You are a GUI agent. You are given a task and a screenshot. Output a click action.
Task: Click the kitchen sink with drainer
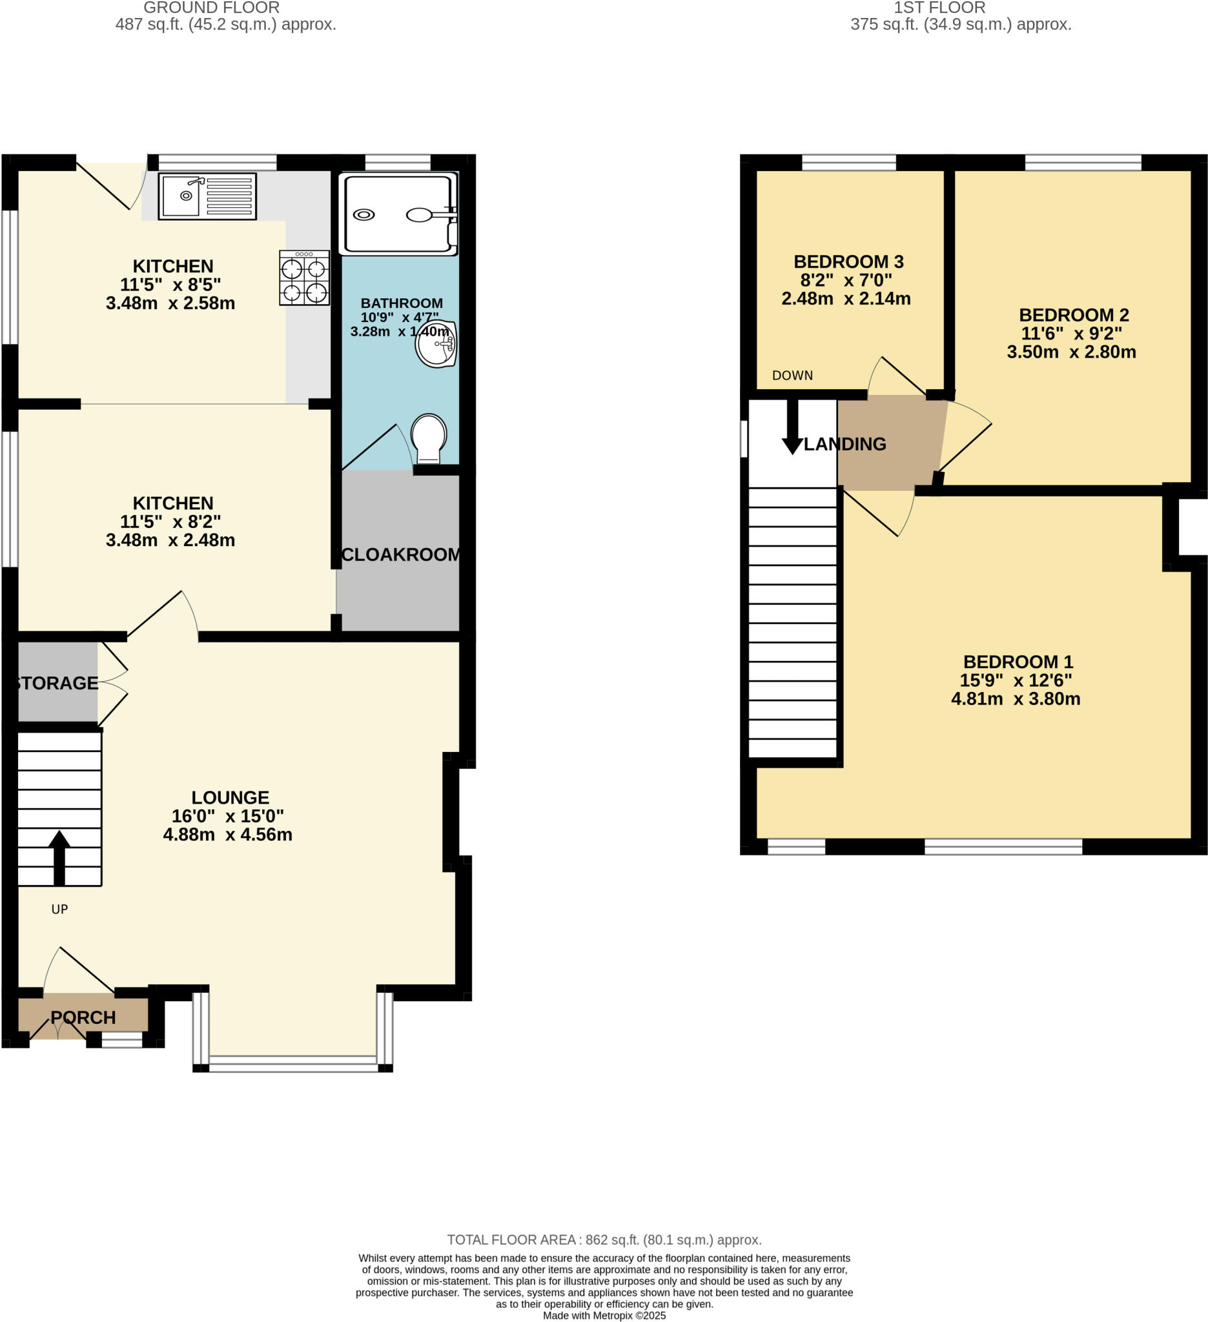click(207, 196)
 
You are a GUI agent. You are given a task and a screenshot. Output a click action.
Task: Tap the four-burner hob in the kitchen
click(304, 278)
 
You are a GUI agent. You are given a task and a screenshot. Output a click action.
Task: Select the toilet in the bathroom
click(428, 438)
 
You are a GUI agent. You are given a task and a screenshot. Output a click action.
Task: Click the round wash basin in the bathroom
click(435, 343)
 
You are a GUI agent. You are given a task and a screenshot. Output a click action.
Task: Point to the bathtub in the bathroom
click(398, 214)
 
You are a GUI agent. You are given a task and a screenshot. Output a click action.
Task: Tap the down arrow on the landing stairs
click(792, 429)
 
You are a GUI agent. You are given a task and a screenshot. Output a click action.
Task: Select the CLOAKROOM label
click(402, 554)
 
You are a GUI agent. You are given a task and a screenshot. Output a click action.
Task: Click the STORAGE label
click(56, 684)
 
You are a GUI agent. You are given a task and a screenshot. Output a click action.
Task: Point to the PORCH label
click(83, 1018)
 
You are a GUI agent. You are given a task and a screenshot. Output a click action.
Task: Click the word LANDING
click(845, 445)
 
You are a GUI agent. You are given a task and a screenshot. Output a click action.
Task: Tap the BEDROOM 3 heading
click(848, 261)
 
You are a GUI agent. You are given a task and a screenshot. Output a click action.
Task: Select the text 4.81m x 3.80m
click(1015, 699)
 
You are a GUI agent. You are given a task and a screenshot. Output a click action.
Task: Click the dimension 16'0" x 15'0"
click(227, 817)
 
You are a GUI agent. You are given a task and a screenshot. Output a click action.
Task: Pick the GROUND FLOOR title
click(211, 8)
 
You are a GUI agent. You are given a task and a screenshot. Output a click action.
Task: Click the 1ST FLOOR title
click(939, 8)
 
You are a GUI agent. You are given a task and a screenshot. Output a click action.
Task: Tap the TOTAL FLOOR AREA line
click(604, 1240)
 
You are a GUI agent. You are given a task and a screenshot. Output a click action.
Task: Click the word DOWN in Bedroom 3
click(792, 376)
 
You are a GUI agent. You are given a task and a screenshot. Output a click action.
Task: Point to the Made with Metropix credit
click(604, 1316)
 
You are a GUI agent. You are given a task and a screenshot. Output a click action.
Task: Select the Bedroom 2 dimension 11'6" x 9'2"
click(1071, 334)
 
